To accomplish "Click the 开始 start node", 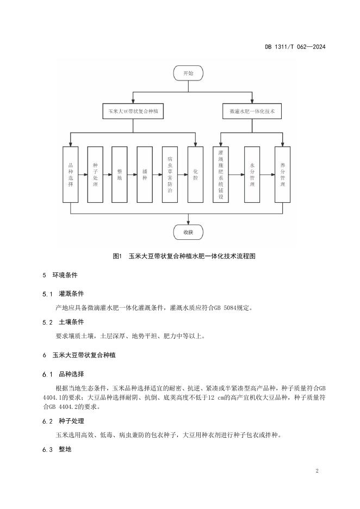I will (188, 72).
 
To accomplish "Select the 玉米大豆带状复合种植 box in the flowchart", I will (133, 111).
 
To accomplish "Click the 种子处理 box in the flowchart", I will (95, 174).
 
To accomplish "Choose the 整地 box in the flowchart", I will (120, 174).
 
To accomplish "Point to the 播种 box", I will (145, 174).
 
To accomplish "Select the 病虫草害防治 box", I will (170, 174).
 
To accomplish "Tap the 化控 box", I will (195, 174).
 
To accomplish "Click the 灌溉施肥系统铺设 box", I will (221, 174).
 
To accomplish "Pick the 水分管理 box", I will (252, 174).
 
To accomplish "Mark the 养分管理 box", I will (282, 174).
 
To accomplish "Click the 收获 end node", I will (188, 233).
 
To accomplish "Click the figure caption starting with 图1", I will (183, 256).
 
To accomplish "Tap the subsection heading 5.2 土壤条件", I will (63, 322).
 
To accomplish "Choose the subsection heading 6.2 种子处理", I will (63, 421).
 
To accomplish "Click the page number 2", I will (316, 470).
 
